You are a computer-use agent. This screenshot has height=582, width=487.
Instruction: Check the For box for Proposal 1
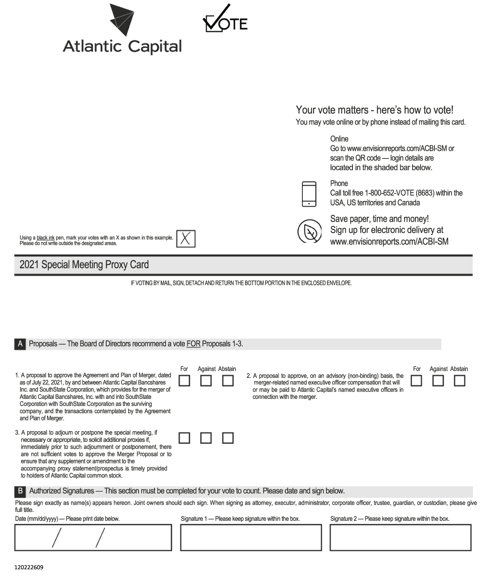click(x=184, y=381)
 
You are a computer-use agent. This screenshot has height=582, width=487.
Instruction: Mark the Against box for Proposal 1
click(x=206, y=381)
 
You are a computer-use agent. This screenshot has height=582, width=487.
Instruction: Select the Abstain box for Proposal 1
click(x=228, y=381)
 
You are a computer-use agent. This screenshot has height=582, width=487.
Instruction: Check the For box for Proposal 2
click(x=416, y=381)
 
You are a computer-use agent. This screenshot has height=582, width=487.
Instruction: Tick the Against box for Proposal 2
click(x=438, y=381)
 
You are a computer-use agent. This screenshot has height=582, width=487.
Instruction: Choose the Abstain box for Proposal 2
click(x=460, y=381)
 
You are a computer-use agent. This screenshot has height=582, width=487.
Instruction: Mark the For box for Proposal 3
click(x=184, y=438)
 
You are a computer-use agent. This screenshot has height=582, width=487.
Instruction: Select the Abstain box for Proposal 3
click(x=228, y=438)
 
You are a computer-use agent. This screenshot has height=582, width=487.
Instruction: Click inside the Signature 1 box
click(x=251, y=537)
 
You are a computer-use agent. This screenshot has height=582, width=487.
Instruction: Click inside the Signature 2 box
click(x=400, y=537)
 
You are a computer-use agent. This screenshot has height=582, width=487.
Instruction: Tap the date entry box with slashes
click(x=93, y=537)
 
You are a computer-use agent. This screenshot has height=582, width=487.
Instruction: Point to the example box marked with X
click(x=186, y=238)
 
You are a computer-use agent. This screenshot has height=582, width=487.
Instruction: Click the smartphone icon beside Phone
click(x=309, y=194)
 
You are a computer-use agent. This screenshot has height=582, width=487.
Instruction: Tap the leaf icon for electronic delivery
click(x=310, y=231)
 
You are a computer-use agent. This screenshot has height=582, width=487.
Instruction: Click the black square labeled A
click(x=20, y=344)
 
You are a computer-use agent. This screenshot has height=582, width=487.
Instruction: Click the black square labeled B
click(x=20, y=491)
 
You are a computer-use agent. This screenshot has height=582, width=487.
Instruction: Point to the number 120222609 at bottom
click(x=29, y=567)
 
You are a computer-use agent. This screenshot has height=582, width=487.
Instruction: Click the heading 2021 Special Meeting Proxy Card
click(x=84, y=265)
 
